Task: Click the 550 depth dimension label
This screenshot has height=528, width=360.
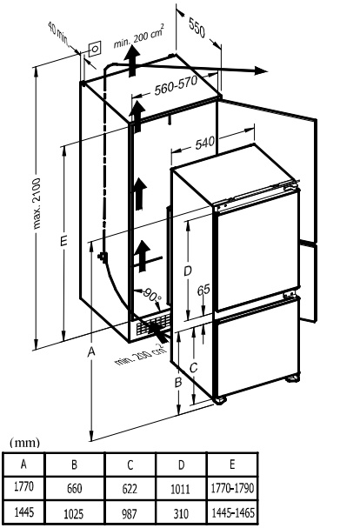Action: coord(197,28)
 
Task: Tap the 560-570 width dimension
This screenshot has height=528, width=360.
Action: coord(176,86)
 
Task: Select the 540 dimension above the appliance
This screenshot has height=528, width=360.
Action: coord(204,144)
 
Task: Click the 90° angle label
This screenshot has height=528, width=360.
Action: coord(152,295)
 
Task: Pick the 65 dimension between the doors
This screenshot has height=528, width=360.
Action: coord(203,290)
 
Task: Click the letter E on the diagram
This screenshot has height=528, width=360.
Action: coord(63,240)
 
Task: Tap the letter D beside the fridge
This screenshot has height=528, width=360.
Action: coord(188,271)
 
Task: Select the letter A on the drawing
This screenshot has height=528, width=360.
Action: coord(91,352)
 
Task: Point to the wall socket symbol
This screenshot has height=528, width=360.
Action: coord(95,50)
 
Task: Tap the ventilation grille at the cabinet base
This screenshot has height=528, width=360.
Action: coord(152,324)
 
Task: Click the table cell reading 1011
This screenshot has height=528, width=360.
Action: coord(181,489)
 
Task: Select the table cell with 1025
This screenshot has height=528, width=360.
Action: coord(74,513)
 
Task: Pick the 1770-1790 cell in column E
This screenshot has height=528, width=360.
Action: coord(232,488)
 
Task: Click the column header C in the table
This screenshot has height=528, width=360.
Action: coord(130,465)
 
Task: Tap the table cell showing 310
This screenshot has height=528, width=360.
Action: coord(181,513)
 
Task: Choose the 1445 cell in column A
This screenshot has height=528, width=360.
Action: coord(23,512)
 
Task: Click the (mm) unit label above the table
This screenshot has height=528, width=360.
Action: coord(25,443)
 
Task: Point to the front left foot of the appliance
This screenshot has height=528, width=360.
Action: coord(221,400)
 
